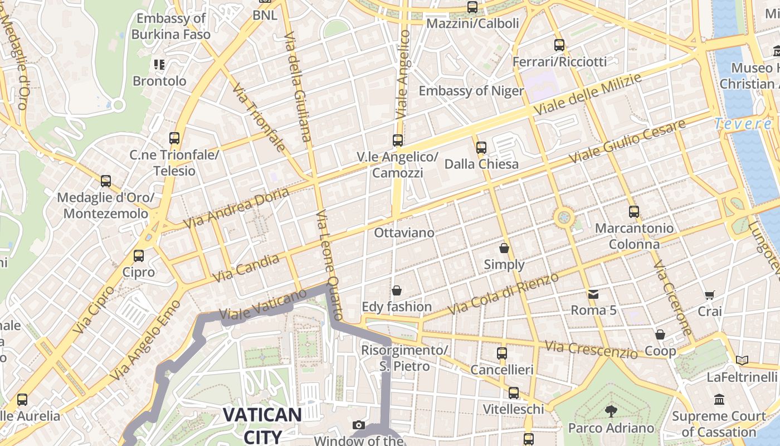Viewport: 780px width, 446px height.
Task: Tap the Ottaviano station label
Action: click(404, 232)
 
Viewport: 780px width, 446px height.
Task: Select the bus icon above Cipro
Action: click(139, 256)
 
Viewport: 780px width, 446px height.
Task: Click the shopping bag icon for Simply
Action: click(504, 248)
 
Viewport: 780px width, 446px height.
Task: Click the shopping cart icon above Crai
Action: click(709, 295)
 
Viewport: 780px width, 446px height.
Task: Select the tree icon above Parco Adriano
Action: click(611, 411)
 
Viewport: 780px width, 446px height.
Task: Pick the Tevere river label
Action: click(743, 124)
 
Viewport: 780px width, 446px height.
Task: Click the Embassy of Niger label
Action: click(471, 91)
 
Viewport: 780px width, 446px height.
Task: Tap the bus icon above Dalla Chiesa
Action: click(481, 148)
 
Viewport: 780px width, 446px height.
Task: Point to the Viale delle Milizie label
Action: click(587, 95)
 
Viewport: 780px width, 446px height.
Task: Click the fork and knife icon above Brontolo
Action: click(159, 65)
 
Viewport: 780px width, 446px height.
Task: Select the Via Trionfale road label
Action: click(259, 118)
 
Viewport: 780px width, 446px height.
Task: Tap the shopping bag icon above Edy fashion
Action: click(397, 290)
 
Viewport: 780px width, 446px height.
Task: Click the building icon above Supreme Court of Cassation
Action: click(719, 400)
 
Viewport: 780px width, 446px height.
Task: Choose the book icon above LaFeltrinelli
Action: click(741, 361)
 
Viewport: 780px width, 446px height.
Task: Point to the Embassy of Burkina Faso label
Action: click(171, 26)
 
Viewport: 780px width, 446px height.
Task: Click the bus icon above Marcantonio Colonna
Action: click(633, 212)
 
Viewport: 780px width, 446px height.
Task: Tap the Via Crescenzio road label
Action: click(591, 350)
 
